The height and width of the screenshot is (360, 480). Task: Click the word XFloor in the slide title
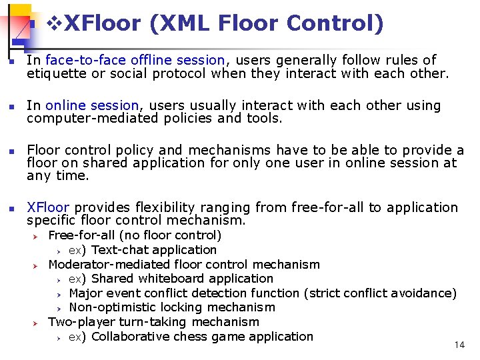[x=103, y=24]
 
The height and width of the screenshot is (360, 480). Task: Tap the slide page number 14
[x=459, y=345]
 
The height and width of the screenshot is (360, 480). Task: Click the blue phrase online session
[x=93, y=105]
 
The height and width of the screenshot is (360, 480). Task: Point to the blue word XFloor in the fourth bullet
[x=48, y=207]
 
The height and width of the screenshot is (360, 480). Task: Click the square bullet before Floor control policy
[x=9, y=151]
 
